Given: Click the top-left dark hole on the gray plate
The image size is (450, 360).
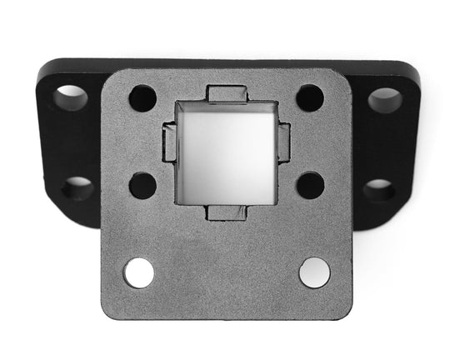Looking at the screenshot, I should point(142,98).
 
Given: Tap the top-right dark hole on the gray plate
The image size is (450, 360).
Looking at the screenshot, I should point(310,98).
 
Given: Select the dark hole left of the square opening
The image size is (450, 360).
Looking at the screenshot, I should point(142,184).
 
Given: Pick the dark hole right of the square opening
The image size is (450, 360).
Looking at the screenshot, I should point(310,184).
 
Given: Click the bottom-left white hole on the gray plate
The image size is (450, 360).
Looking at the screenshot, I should point(139,272).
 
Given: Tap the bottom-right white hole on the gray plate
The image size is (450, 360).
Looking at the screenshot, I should point(314,272).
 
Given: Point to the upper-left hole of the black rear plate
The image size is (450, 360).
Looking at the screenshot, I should point(71,97).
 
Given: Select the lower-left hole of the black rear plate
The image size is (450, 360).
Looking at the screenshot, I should point(77,187).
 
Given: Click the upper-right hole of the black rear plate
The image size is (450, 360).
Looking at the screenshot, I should point(384,100).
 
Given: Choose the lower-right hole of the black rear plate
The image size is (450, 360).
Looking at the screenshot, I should point(378,190).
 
